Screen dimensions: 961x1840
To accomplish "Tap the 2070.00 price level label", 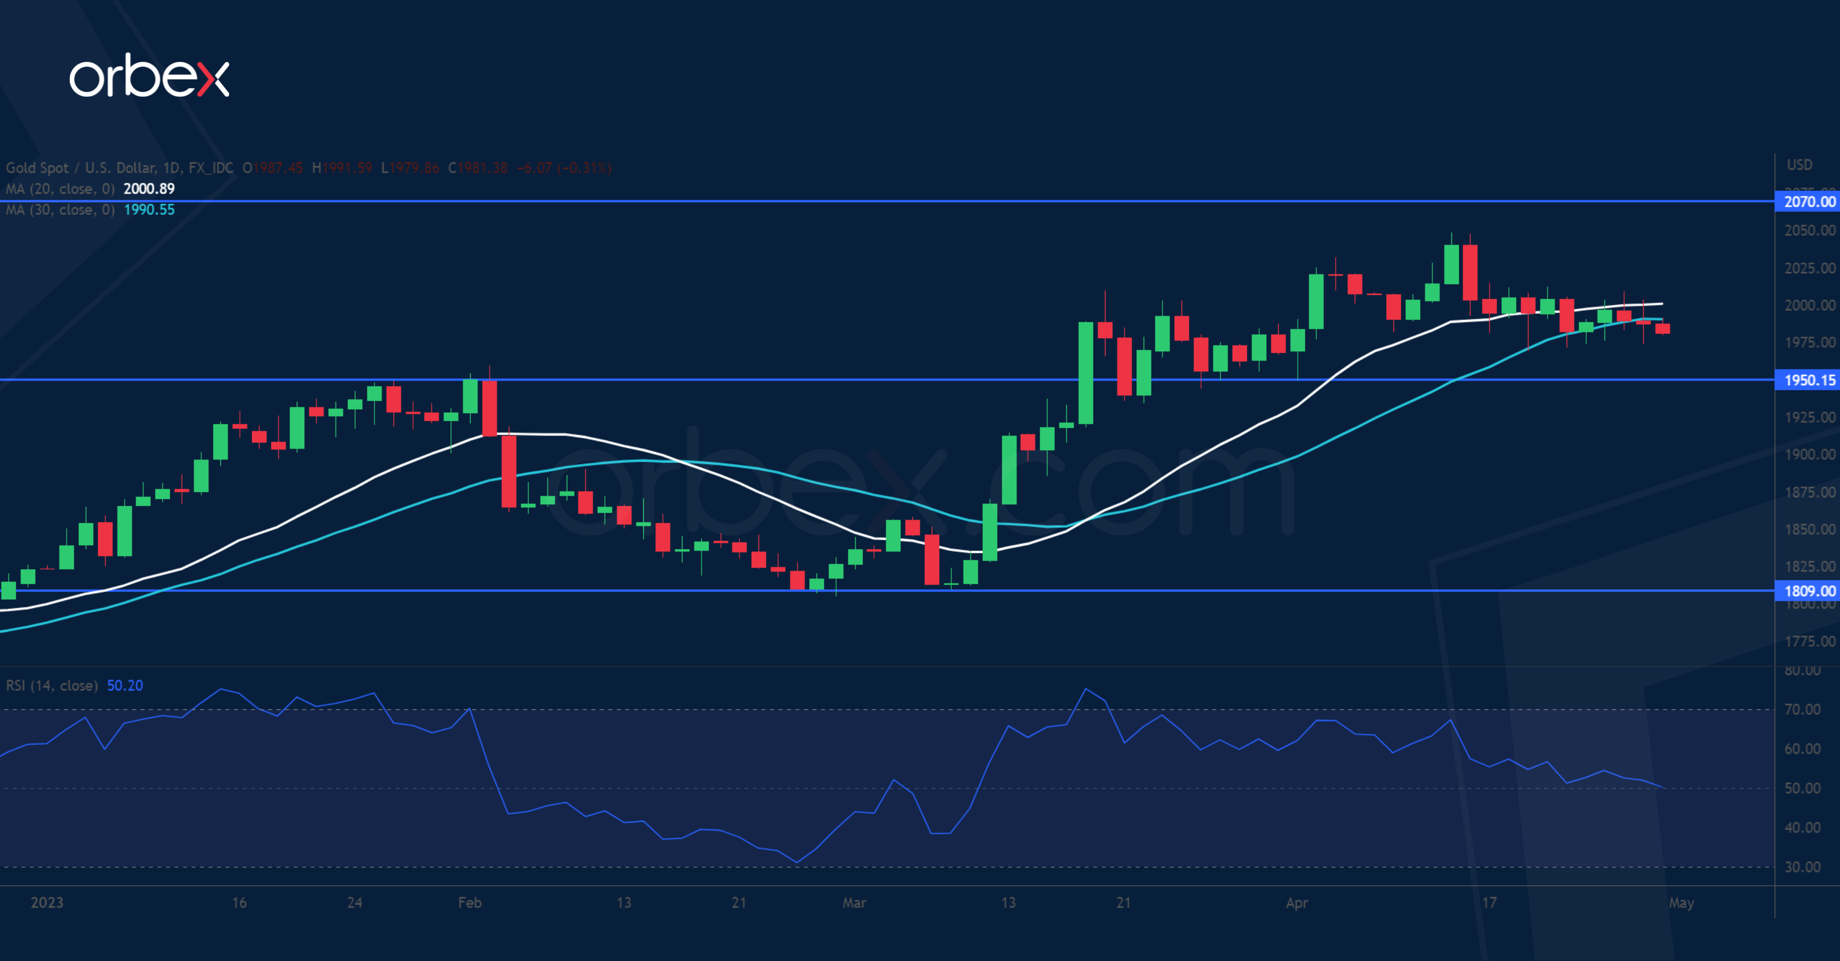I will [1809, 202].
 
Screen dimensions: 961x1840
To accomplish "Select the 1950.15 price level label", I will [1809, 380].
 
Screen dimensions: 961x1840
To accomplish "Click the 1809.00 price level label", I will [1809, 591].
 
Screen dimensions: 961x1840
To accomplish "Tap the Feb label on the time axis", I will [469, 903].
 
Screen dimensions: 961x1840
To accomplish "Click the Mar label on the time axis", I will [854, 903].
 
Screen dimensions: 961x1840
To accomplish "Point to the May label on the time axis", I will [1681, 903].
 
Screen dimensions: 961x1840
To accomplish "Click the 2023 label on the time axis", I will [47, 903].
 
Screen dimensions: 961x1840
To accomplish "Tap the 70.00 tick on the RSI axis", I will [1802, 710].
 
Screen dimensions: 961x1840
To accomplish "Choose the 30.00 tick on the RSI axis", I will [1802, 867].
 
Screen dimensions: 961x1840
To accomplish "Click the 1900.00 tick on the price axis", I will [1809, 455].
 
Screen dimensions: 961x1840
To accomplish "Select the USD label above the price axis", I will [1799, 165].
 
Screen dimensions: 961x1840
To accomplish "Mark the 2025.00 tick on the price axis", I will [1809, 268].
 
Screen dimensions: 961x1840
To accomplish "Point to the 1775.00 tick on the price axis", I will [1809, 642].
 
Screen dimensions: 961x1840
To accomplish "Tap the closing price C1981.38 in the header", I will [477, 168].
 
